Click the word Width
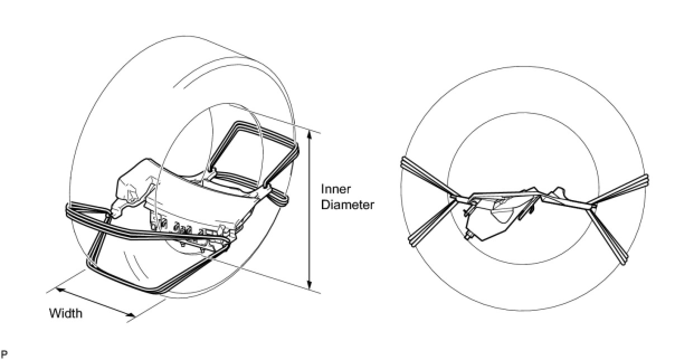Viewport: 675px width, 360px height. pyautogui.click(x=65, y=313)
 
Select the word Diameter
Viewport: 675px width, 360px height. pyautogui.click(x=347, y=205)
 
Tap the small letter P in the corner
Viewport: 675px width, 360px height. pyautogui.click(x=4, y=353)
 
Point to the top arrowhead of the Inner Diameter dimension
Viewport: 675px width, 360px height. pyautogui.click(x=310, y=130)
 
